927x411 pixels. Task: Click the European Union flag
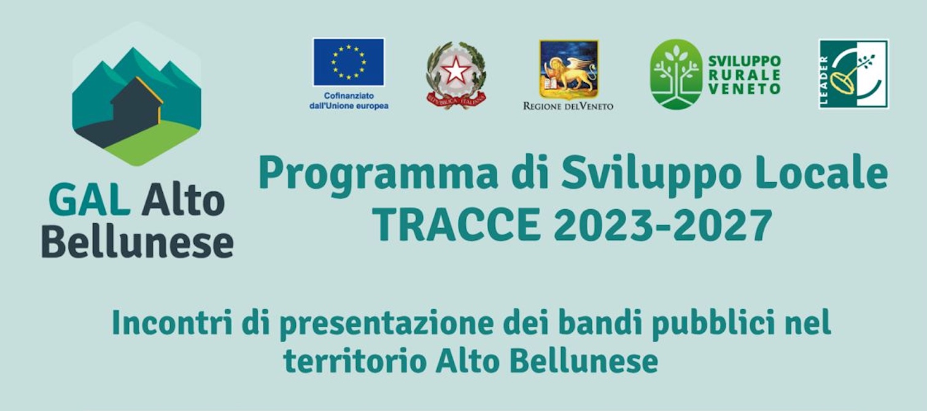point(349,62)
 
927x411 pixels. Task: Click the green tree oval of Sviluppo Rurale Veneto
point(676,74)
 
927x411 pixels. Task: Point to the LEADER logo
point(853,74)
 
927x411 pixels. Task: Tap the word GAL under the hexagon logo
point(90,201)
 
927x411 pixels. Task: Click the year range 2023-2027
point(663,225)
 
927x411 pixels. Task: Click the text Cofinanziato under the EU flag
point(349,96)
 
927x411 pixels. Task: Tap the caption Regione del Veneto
point(568,106)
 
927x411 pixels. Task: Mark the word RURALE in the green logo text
point(744,75)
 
